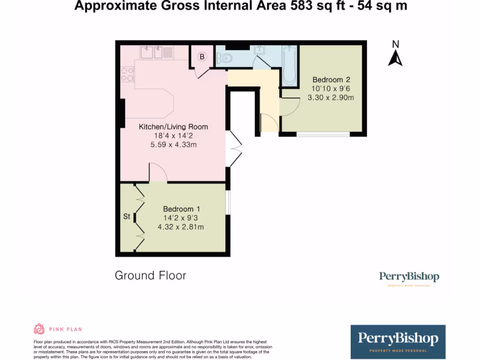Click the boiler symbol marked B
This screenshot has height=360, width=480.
[202, 57]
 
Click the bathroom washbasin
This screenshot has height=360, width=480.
[260, 50]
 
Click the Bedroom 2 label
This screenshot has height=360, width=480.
[331, 80]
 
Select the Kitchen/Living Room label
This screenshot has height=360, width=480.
[173, 127]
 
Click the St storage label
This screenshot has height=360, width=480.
[127, 217]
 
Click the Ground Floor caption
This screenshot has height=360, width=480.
[150, 275]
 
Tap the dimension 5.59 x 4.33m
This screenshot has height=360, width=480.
[173, 145]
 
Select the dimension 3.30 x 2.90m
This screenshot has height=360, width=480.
[330, 97]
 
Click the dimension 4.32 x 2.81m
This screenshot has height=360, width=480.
[181, 227]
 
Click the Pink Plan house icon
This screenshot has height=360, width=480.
[39, 329]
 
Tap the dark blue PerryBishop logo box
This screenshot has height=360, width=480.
[398, 342]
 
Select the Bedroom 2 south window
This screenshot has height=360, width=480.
[323, 135]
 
